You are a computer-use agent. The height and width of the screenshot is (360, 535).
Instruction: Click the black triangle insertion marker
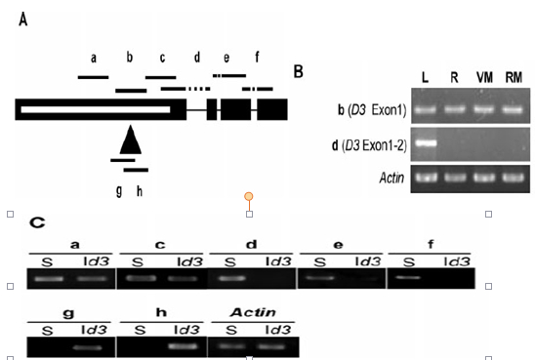[131, 140]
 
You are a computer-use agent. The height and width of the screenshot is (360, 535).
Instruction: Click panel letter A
[22, 20]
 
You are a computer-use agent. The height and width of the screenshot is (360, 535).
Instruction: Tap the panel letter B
[298, 71]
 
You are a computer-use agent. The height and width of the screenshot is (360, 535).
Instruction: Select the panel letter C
[37, 223]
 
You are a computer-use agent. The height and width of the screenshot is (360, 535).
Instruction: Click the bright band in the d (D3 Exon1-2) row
[426, 142]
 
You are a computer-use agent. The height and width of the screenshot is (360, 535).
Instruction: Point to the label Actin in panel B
[392, 178]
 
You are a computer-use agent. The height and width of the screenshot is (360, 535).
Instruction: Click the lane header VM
[484, 78]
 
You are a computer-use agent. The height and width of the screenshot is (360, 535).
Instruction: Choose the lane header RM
[514, 78]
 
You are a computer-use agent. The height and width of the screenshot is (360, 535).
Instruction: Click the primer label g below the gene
[119, 191]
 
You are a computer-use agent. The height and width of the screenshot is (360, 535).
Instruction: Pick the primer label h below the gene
[140, 191]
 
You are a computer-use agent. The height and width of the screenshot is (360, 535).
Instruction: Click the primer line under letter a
[93, 77]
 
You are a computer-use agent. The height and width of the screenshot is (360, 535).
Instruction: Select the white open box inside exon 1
[96, 109]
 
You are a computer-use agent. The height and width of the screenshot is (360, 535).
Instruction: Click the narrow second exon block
[212, 109]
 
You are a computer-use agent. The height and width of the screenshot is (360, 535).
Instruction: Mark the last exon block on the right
[272, 109]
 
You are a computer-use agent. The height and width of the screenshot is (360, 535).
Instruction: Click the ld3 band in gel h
[184, 346]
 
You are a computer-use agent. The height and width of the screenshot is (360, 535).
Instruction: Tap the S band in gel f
[408, 277]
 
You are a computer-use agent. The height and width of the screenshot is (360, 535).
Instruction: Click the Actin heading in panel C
[253, 312]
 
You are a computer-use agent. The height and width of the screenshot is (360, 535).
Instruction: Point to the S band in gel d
[232, 278]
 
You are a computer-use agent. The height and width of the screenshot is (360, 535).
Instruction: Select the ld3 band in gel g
[88, 347]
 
